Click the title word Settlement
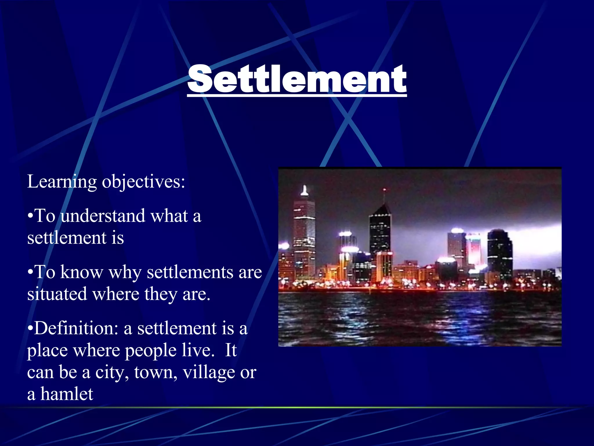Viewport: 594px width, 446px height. (x=297, y=79)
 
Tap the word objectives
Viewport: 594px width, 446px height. (x=143, y=182)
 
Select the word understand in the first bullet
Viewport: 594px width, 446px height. (x=103, y=216)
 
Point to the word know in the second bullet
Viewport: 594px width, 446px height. (x=82, y=272)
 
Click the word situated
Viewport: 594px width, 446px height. (x=57, y=294)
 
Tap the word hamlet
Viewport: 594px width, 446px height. (x=66, y=394)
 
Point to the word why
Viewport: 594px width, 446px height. (x=125, y=273)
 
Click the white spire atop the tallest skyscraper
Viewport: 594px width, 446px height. (x=304, y=191)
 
